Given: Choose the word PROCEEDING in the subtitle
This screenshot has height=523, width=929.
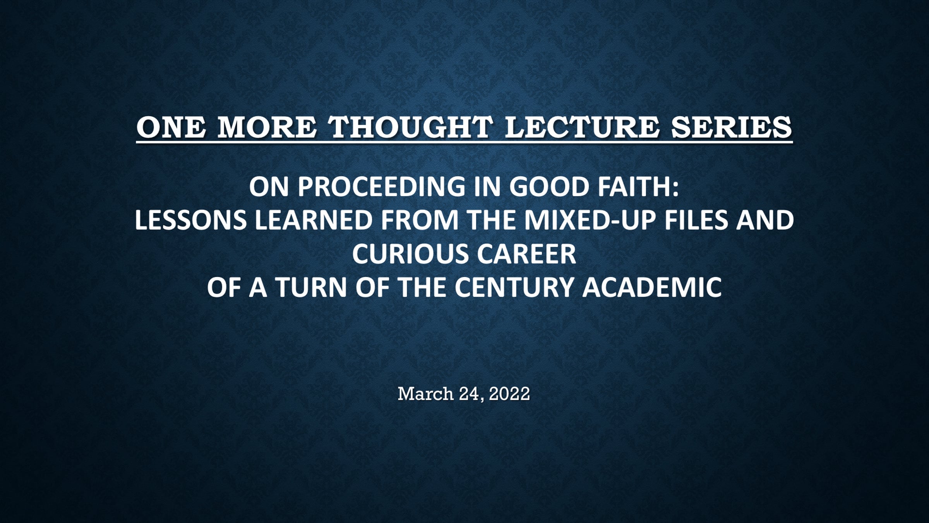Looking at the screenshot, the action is (x=381, y=187).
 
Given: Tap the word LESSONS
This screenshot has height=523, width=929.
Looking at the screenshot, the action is (x=190, y=220).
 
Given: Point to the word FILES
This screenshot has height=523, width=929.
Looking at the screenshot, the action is (x=690, y=220).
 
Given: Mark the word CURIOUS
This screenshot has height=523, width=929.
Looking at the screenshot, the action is (x=410, y=254).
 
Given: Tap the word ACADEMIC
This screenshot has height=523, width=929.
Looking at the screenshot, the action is (x=652, y=287).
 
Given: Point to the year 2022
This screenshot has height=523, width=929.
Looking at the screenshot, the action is (x=509, y=394).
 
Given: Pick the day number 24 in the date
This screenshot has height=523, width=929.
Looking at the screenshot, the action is (x=470, y=394).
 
